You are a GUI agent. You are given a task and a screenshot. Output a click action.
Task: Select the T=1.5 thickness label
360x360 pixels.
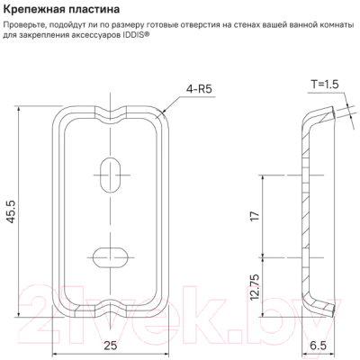pos(322,84)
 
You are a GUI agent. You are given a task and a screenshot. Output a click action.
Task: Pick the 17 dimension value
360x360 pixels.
pos(256,216)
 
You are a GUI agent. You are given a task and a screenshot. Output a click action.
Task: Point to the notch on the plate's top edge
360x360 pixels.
pos(111,115)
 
